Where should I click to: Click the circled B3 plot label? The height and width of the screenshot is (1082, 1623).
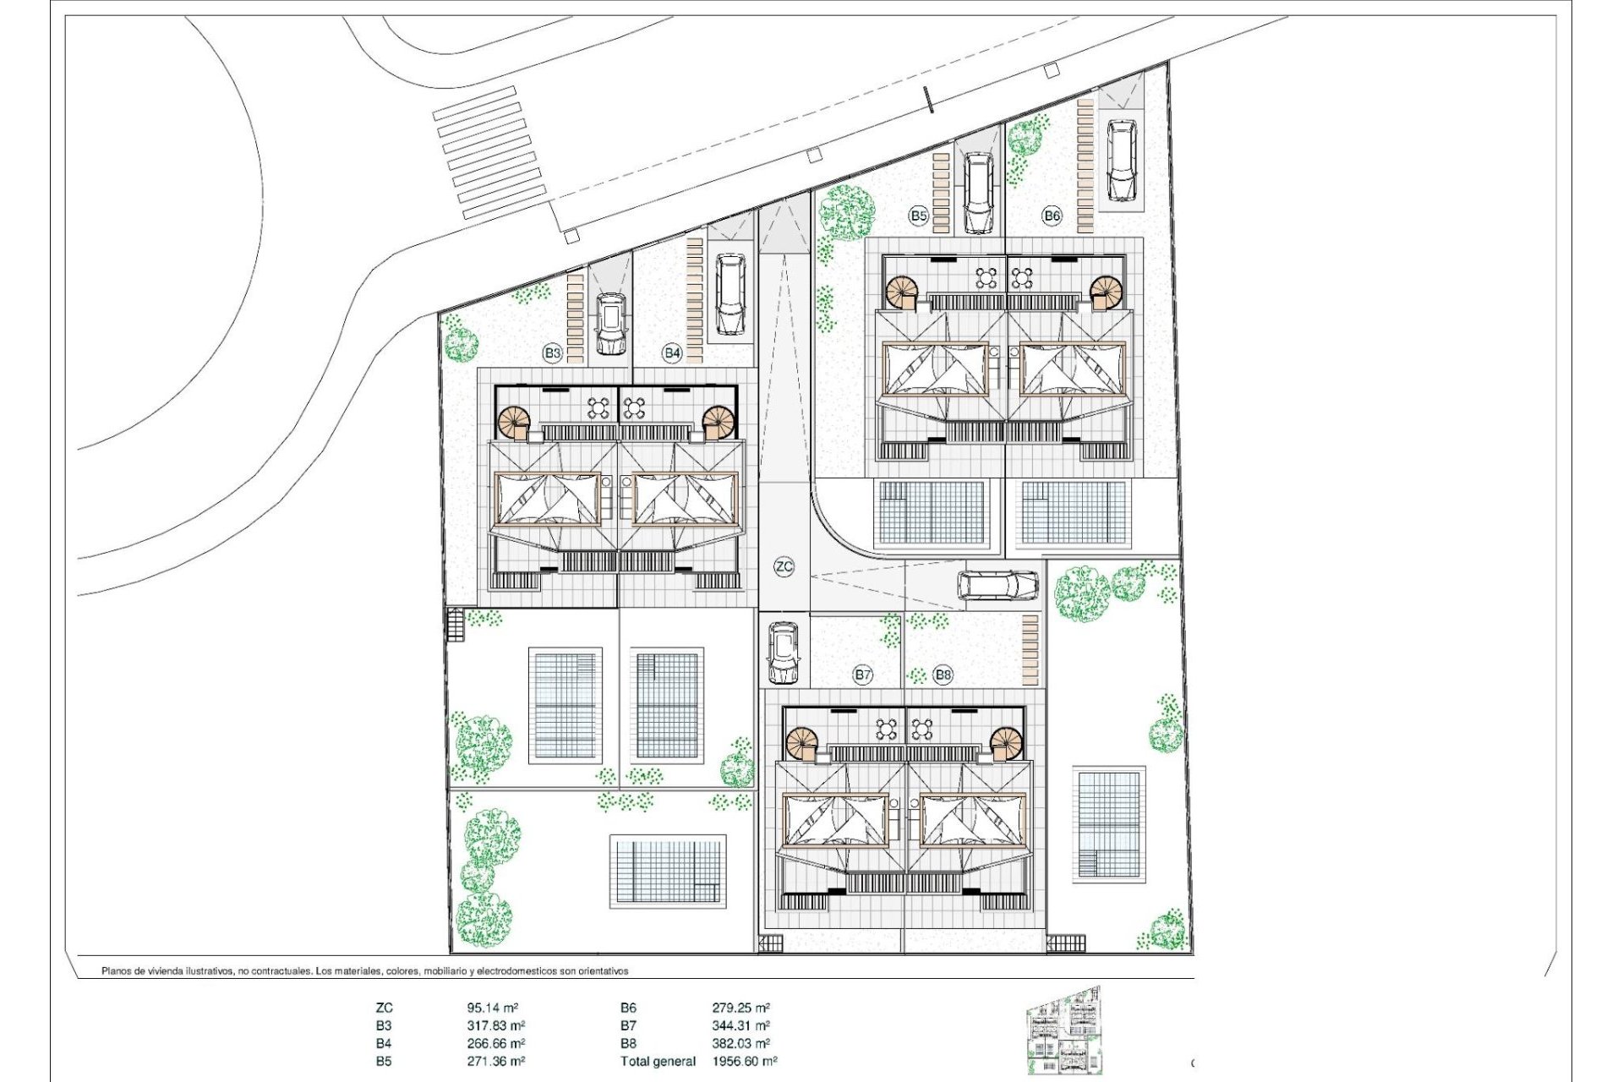click(552, 352)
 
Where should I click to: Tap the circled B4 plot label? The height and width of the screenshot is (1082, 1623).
click(672, 352)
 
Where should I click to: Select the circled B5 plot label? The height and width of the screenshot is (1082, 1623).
click(919, 216)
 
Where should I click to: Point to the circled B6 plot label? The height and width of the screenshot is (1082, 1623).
click(1052, 216)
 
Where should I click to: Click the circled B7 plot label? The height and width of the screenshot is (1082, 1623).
click(862, 675)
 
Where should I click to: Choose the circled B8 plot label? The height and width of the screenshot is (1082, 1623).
click(943, 675)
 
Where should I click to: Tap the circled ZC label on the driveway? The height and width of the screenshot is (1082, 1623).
click(784, 566)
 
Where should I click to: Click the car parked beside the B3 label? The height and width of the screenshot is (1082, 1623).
click(610, 323)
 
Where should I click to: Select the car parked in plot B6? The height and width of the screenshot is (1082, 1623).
click(1121, 161)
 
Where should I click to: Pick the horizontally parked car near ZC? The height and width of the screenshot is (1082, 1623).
click(997, 585)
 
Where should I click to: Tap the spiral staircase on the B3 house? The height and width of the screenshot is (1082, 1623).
click(513, 423)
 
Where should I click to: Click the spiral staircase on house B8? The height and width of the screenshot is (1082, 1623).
click(1006, 744)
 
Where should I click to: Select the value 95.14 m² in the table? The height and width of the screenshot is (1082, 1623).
click(492, 1008)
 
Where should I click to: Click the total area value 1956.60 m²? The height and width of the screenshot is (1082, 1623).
click(744, 1061)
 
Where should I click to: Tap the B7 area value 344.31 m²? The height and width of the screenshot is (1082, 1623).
click(740, 1025)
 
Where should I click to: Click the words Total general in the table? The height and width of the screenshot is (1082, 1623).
click(658, 1061)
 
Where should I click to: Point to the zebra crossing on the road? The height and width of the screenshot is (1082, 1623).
click(489, 161)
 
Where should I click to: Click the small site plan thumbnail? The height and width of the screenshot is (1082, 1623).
click(1063, 1032)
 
